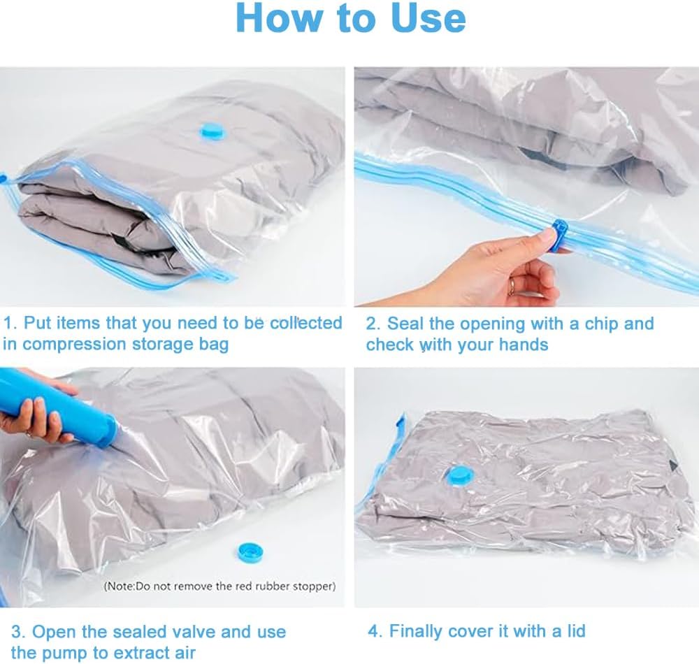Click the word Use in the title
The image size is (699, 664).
(x=428, y=18)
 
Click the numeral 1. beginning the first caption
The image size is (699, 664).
(x=10, y=323)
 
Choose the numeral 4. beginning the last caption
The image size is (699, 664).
(x=375, y=631)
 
